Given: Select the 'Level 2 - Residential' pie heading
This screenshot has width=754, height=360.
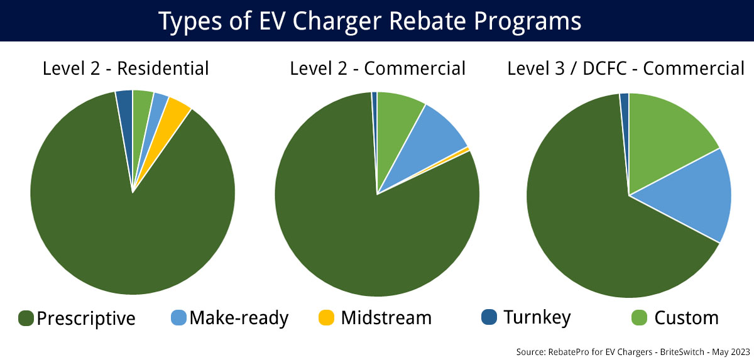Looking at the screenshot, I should pyautogui.click(x=126, y=68).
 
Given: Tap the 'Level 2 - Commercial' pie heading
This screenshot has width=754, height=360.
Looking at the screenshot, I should pyautogui.click(x=378, y=68).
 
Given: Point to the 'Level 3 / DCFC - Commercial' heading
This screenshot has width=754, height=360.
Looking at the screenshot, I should pyautogui.click(x=626, y=68).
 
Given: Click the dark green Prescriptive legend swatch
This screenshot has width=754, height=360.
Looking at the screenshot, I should pyautogui.click(x=26, y=318).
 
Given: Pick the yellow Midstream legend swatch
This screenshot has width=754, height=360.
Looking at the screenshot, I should pyautogui.click(x=326, y=318).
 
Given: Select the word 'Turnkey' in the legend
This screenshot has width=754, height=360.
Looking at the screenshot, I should pyautogui.click(x=537, y=318).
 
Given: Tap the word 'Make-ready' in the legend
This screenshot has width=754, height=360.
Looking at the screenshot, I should pyautogui.click(x=239, y=318).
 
